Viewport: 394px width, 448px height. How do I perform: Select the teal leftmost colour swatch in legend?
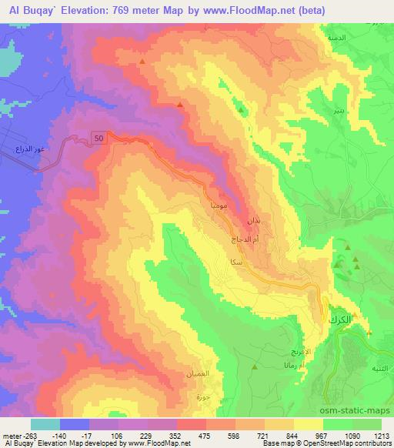click(45, 424)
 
